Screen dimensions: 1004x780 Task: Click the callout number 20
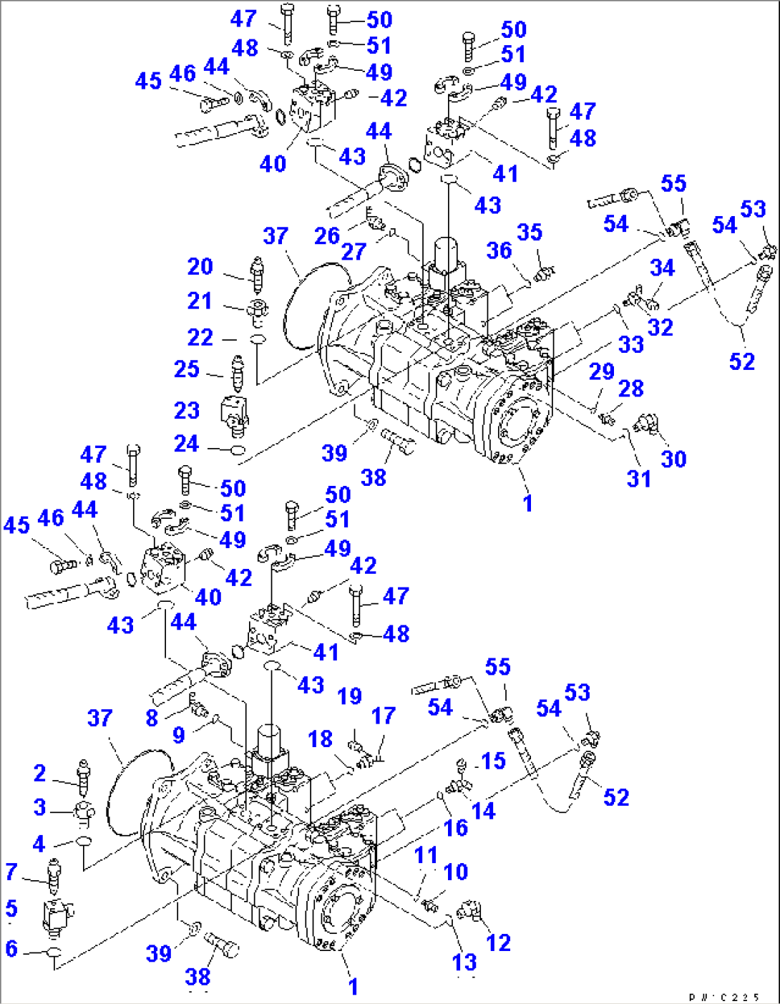[200, 266]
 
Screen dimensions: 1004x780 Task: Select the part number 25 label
[187, 369]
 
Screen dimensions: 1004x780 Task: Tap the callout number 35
[530, 233]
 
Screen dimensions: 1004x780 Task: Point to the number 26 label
[327, 235]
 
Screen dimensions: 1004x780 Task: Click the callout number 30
[673, 459]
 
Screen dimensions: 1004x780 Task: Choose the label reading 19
[349, 696]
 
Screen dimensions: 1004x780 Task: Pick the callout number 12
[498, 942]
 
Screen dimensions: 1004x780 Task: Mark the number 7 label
[11, 872]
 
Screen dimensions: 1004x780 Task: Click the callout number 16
[456, 828]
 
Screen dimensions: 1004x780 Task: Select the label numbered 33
[631, 344]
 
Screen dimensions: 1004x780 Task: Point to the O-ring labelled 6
[54, 952]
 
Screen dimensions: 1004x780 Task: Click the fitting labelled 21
[255, 310]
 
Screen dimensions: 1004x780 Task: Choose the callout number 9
[179, 735]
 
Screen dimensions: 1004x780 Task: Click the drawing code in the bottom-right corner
[724, 997]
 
